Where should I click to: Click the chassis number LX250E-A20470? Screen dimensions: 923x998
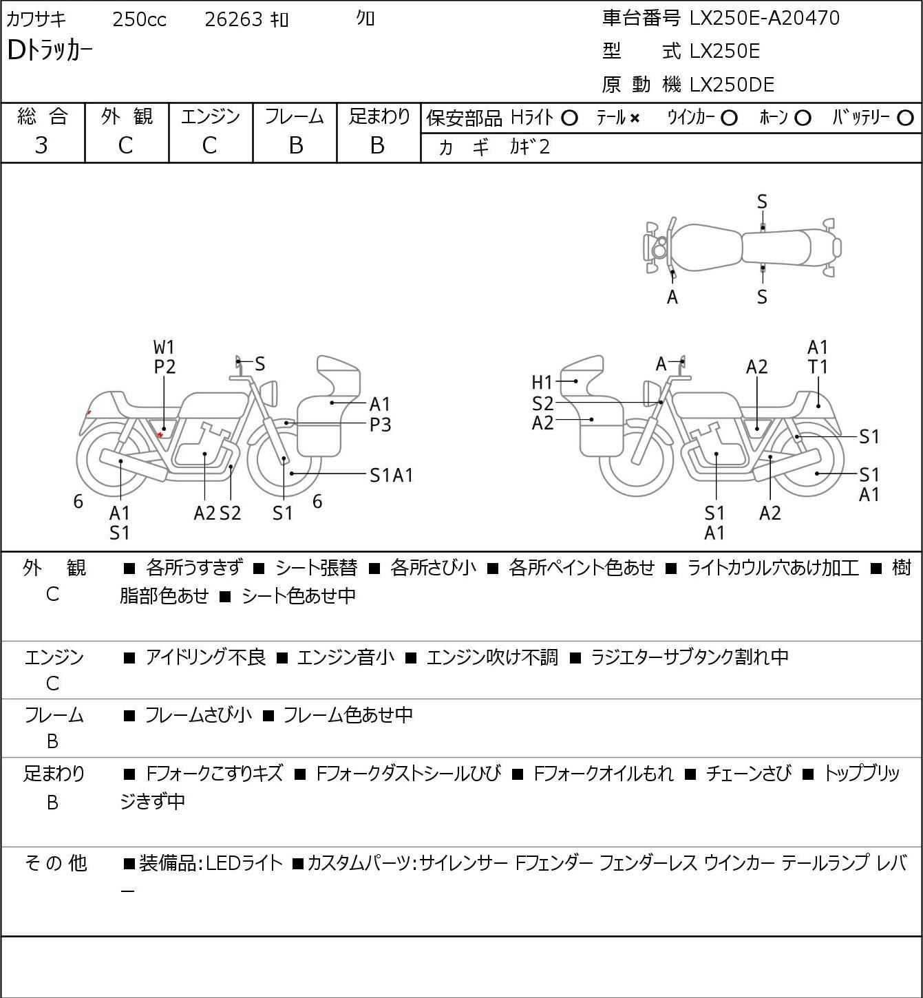[764, 19]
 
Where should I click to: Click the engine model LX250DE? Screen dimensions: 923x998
[732, 85]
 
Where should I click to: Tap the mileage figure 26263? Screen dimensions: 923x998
[233, 19]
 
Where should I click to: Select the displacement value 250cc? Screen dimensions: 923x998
[139, 19]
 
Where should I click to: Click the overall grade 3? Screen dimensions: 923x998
[41, 146]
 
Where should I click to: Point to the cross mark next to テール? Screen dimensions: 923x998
[635, 118]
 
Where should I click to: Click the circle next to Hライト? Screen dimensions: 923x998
[569, 118]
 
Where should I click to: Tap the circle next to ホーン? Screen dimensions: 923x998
[803, 118]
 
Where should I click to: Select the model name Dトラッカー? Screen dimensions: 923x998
[50, 51]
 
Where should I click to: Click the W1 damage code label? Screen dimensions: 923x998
[164, 348]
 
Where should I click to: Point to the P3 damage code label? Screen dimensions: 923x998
[380, 425]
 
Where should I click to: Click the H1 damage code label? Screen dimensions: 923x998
[542, 383]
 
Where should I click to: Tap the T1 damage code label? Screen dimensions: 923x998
[818, 368]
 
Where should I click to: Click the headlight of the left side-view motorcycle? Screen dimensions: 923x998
[270, 393]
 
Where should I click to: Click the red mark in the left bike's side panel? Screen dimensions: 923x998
[160, 434]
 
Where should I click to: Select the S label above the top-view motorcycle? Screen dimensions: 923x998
[762, 202]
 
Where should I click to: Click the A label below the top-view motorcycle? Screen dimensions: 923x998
[672, 297]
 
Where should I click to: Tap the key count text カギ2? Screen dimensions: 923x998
[529, 147]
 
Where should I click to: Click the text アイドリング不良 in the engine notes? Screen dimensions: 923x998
[205, 657]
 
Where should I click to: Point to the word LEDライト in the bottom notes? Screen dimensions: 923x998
[244, 863]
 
